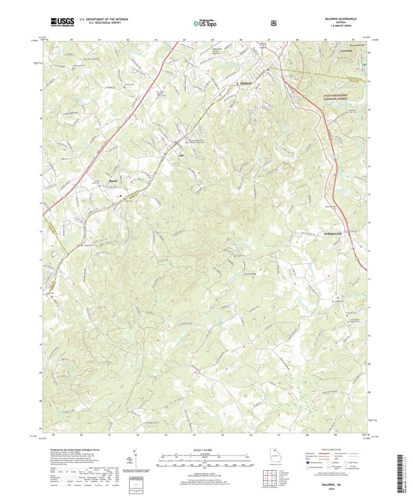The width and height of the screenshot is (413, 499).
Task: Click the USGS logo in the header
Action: [61, 21]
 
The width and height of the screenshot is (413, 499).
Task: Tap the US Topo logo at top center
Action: [205, 22]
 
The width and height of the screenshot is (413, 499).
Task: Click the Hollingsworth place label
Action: [334, 233]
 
